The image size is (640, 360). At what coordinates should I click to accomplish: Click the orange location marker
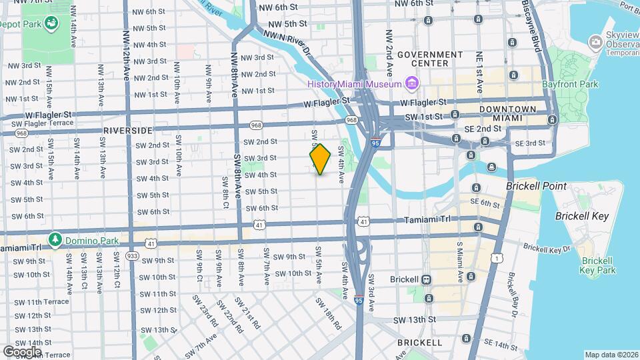point(320,159)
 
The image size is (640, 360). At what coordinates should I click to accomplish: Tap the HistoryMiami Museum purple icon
point(412,83)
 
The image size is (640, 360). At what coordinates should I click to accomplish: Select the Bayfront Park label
point(571,84)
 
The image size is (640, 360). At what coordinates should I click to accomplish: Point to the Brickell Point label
point(536,186)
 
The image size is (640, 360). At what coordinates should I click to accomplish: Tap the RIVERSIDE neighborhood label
point(127,130)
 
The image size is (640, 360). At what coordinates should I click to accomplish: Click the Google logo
point(22,351)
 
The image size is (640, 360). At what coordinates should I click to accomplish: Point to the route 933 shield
point(132,255)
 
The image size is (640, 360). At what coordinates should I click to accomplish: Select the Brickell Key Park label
point(597,265)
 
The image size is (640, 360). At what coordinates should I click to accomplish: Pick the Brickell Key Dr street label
point(547,247)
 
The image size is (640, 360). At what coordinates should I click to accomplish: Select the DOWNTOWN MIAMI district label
point(511,113)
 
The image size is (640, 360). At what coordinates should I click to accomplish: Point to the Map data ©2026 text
point(611,355)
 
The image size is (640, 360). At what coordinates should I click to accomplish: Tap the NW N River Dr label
point(287,41)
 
